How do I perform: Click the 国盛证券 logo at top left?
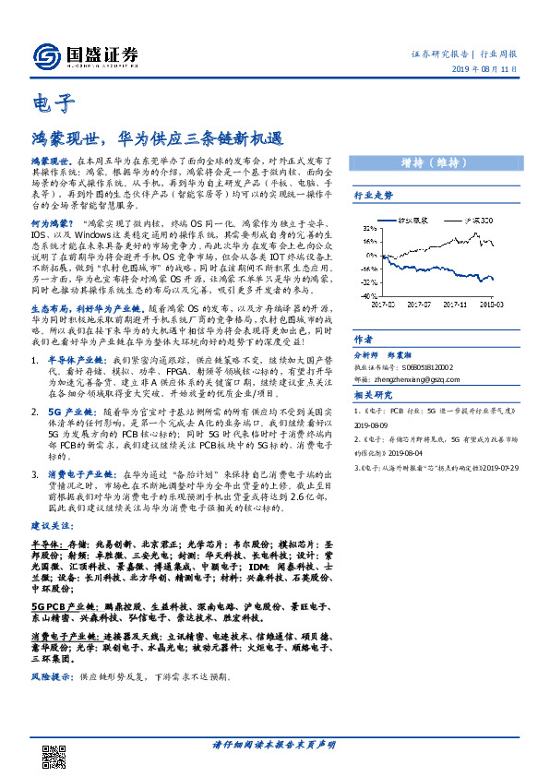pos(86,56)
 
